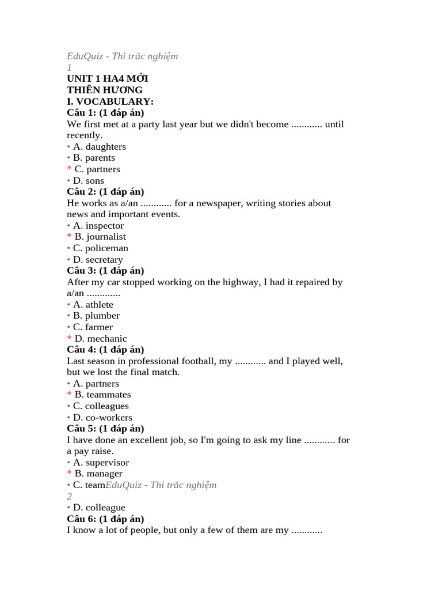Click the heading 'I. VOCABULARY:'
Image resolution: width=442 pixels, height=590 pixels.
coord(110,101)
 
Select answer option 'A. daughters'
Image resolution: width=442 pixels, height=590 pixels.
coord(99,146)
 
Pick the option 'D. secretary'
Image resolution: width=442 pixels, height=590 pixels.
coord(98,259)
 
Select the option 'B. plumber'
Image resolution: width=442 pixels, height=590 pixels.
coord(96,316)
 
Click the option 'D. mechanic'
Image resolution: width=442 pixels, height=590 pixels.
coord(100,338)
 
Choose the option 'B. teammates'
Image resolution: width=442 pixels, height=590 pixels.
coord(102,395)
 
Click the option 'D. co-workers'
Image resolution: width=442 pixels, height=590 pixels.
coord(102,417)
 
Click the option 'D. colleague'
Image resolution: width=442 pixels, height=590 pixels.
coord(98,508)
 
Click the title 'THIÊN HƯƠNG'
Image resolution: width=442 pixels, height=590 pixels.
coord(105,90)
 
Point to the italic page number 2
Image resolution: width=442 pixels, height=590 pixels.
coord(69,496)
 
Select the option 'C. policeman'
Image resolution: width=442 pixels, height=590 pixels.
coord(100,248)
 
